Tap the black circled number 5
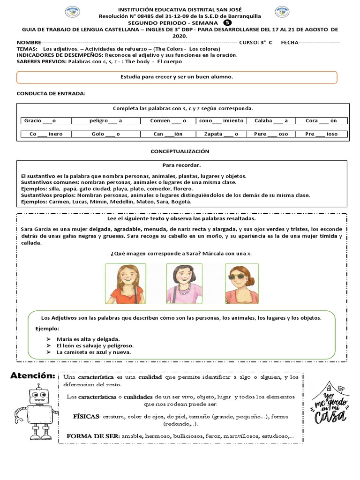pyautogui.click(x=227, y=22)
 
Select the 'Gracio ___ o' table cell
pyautogui.click(x=40, y=120)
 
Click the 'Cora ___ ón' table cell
pyautogui.click(x=321, y=120)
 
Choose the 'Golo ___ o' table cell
pyautogui.click(x=105, y=134)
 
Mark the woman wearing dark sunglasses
pyautogui.click(x=242, y=283)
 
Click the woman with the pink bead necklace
pyautogui.click(x=184, y=283)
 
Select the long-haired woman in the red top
pyautogui.click(x=125, y=283)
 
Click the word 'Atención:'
pyautogui.click(x=32, y=376)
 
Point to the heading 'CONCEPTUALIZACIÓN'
pyautogui.click(x=180, y=151)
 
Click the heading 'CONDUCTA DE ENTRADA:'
pyautogui.click(x=51, y=93)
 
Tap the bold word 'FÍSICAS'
pyautogui.click(x=86, y=416)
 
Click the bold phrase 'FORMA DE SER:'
pyautogui.click(x=93, y=436)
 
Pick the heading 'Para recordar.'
pyautogui.click(x=181, y=165)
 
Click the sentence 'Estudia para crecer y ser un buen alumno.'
pyautogui.click(x=177, y=76)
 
